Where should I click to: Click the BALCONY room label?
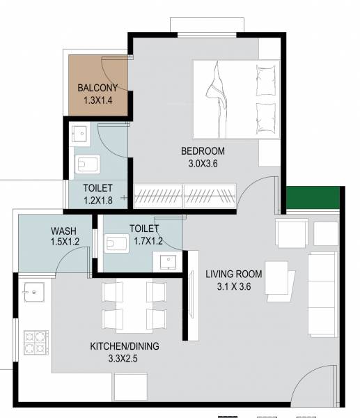tap(97, 88)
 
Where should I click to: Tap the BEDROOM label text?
tap(203, 151)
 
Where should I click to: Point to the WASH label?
tap(63, 231)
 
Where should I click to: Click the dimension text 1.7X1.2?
tap(145, 241)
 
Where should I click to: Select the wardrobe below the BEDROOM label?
tap(185, 195)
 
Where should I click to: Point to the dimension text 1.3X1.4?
tap(97, 100)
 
